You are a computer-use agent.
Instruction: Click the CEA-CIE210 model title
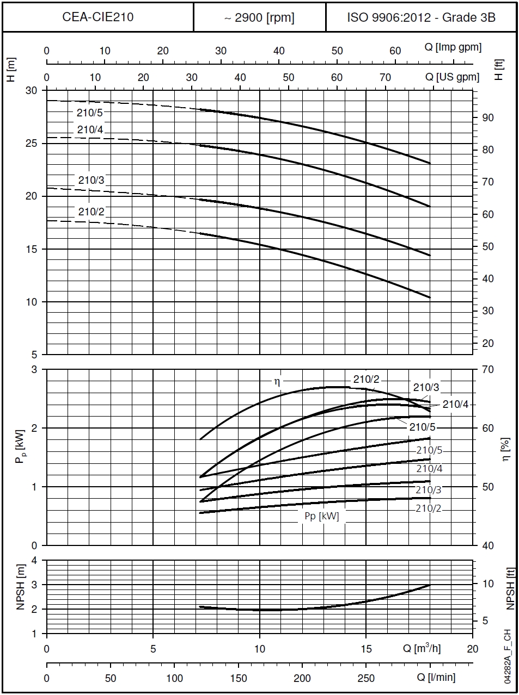click(98, 17)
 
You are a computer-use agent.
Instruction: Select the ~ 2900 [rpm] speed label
click(259, 17)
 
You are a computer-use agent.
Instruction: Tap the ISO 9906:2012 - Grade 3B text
click(421, 17)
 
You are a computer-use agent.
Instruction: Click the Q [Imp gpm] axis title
click(453, 47)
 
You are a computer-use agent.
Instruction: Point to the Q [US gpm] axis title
click(452, 77)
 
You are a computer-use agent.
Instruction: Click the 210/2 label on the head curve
click(91, 212)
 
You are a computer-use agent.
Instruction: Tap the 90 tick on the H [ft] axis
click(487, 118)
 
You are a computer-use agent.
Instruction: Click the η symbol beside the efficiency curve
click(277, 382)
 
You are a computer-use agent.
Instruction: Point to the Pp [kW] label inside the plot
click(321, 516)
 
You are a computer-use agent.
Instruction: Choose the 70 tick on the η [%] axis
click(487, 370)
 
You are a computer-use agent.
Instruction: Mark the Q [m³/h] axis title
click(422, 648)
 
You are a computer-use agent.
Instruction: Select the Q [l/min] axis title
click(436, 678)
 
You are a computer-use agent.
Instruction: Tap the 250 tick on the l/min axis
click(366, 678)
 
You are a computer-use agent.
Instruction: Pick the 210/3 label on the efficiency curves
click(426, 388)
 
